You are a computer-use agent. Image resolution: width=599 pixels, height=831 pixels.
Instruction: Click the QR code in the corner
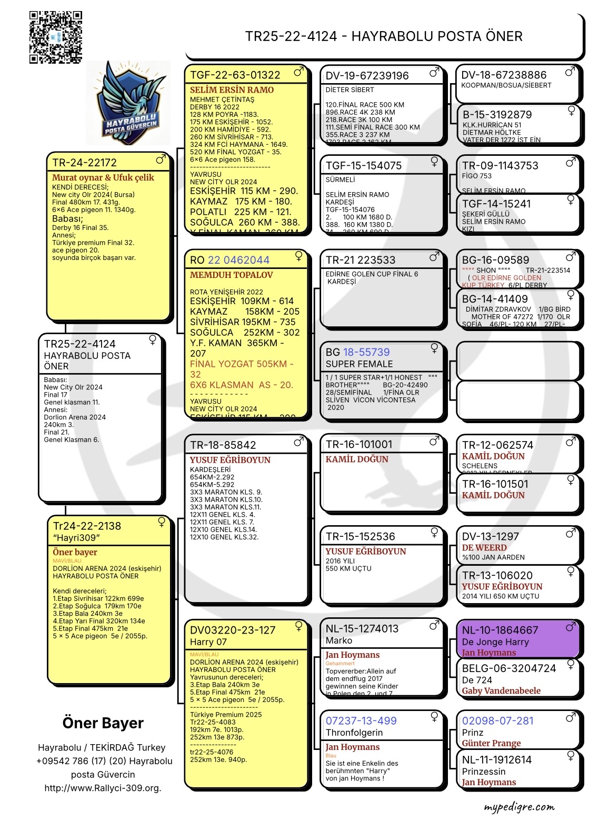(x=56, y=37)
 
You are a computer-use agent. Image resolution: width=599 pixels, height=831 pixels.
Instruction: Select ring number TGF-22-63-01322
(x=235, y=75)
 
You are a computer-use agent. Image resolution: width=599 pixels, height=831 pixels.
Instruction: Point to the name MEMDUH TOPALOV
(x=231, y=275)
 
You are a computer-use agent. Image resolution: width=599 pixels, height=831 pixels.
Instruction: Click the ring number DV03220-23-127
(x=232, y=630)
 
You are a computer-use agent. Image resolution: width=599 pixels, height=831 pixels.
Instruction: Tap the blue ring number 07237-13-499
(x=361, y=720)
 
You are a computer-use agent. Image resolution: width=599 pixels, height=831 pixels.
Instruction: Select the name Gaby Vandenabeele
(x=501, y=690)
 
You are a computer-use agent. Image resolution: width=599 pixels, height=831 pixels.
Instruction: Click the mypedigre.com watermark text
(x=519, y=807)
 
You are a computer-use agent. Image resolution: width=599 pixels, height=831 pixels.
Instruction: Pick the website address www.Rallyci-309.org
(x=103, y=788)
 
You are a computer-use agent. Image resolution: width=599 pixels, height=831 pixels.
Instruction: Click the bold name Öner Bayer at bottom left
(x=103, y=723)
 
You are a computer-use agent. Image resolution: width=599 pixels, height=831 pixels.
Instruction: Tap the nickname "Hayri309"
(x=76, y=538)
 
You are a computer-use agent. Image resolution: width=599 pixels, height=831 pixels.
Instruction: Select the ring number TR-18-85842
(x=223, y=445)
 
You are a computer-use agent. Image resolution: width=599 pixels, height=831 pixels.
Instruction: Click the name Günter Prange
(x=491, y=743)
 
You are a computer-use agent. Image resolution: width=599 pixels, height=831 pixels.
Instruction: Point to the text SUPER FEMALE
(x=359, y=364)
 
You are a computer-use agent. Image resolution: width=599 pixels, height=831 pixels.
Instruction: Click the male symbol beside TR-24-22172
(x=161, y=159)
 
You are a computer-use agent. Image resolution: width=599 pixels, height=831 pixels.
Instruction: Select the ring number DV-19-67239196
(x=367, y=75)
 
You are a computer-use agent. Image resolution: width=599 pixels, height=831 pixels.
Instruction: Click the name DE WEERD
(x=484, y=547)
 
